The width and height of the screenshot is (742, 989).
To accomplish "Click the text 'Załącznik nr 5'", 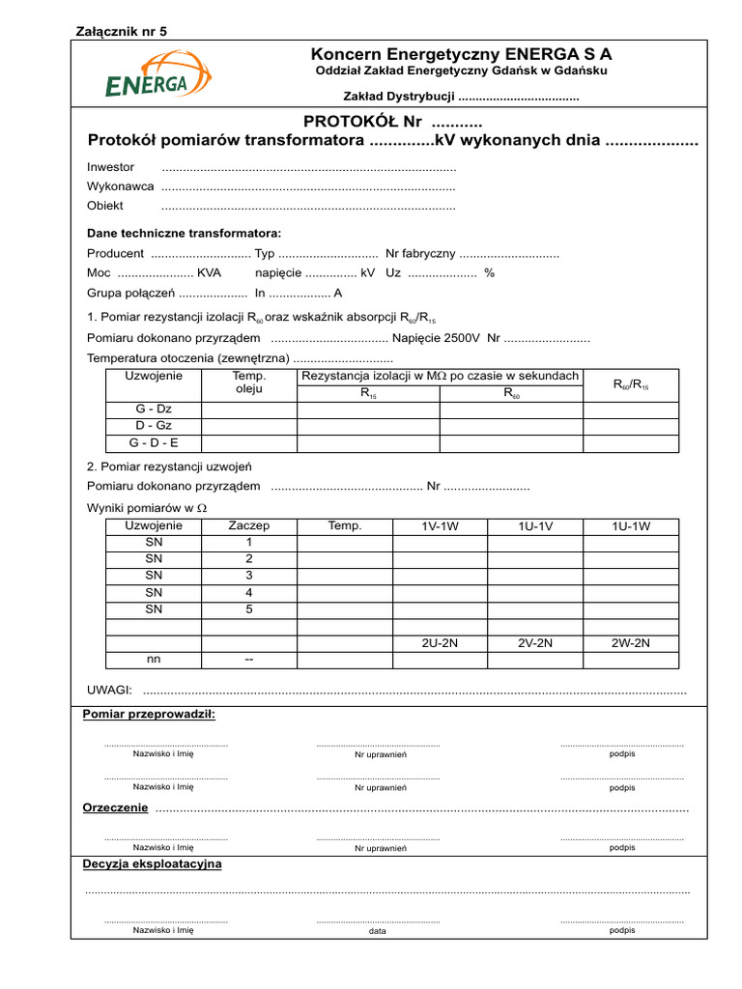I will tap(121, 31).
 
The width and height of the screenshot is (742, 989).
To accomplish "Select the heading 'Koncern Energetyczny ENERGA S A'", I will tap(461, 54).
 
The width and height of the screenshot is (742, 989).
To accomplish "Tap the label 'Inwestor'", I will tap(111, 167).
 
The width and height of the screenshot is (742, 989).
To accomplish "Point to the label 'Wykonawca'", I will tap(120, 186).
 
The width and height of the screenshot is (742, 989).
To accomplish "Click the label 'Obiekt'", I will tap(105, 206).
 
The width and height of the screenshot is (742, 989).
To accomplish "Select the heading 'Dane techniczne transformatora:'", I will tap(184, 234).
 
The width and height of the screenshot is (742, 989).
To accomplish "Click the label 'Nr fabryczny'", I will tap(420, 254).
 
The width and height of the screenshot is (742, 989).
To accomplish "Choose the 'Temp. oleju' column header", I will tap(249, 383).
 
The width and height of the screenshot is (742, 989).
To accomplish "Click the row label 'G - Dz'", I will tap(154, 409).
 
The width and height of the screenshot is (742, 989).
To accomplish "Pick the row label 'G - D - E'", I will tap(154, 443).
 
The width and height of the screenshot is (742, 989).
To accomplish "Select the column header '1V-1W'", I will tap(441, 526).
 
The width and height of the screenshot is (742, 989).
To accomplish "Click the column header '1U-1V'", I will tap(535, 526).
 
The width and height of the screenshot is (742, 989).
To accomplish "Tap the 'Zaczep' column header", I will tap(248, 526).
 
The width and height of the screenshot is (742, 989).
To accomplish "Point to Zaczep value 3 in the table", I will tap(248, 576).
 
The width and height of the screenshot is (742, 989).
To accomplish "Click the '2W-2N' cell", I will tap(631, 642).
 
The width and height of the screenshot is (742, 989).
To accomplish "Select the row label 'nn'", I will tap(154, 659).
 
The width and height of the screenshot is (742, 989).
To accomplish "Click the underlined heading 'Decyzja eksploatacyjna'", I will tap(153, 863).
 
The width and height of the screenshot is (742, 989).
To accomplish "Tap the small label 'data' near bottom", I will tap(378, 932).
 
